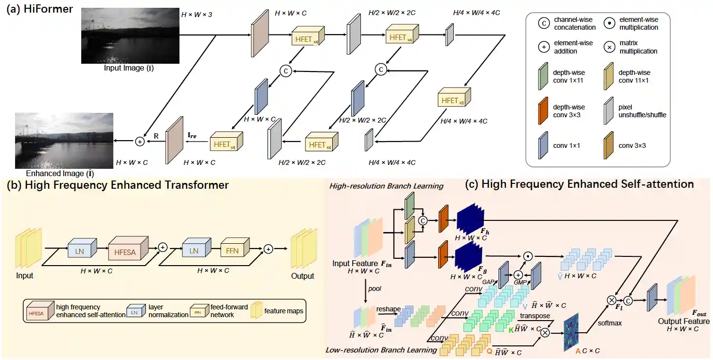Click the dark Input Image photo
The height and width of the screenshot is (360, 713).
pyautogui.click(x=130, y=35)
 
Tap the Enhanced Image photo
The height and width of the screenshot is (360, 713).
pyautogui.click(x=64, y=141)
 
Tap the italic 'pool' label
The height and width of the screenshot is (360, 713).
pyautogui.click(x=374, y=288)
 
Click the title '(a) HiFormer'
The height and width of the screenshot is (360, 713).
pyautogui.click(x=38, y=10)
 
